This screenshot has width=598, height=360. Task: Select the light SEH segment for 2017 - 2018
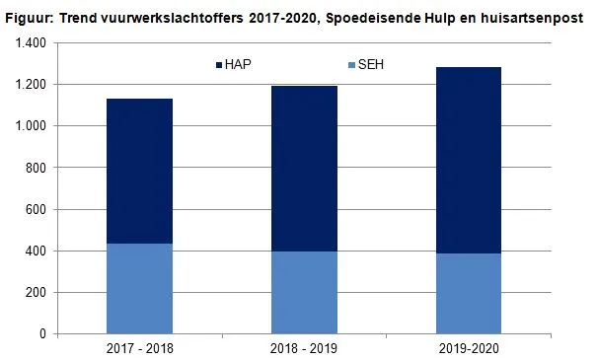[139, 288]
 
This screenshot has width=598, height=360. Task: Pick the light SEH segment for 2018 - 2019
[304, 292]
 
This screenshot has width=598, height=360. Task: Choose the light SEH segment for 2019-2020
[469, 293]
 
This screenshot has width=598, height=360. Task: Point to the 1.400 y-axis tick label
[30, 43]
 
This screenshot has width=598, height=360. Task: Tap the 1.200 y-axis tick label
[30, 85]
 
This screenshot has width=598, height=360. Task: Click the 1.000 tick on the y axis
[30, 126]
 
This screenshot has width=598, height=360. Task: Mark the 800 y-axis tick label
[36, 168]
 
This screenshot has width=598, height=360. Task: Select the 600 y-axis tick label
[36, 209]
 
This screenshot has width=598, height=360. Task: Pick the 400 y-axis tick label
[36, 251]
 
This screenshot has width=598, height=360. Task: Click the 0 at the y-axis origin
[42, 333]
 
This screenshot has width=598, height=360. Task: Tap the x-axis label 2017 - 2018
[139, 348]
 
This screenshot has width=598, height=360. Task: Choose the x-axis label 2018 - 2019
[304, 348]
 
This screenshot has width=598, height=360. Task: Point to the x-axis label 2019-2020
[469, 348]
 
